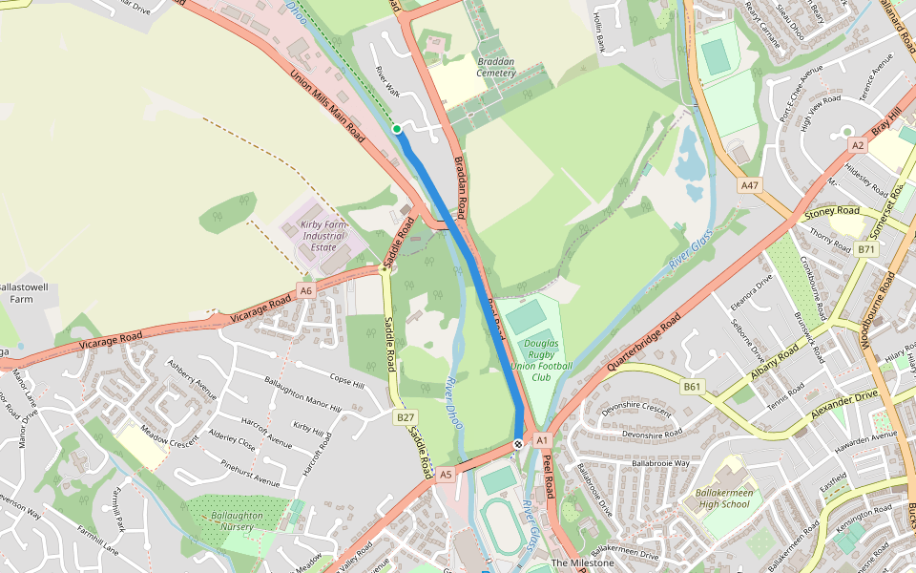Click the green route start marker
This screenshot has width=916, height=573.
397,129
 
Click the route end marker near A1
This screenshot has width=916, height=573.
517,443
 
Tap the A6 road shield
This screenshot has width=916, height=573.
305,290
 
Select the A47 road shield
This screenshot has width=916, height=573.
749,185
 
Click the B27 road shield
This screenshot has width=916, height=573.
406,417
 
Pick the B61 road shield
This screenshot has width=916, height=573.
693,387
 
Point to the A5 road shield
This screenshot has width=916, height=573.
446,474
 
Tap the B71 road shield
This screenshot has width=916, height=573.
865,249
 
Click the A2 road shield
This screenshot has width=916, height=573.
857,145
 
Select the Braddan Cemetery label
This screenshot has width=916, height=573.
496,67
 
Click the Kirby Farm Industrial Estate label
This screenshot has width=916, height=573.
323,229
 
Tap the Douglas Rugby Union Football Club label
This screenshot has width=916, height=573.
548,359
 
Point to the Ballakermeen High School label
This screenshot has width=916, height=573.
722,499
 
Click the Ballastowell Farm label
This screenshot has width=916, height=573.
22,292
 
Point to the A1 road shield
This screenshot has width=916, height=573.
542,440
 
